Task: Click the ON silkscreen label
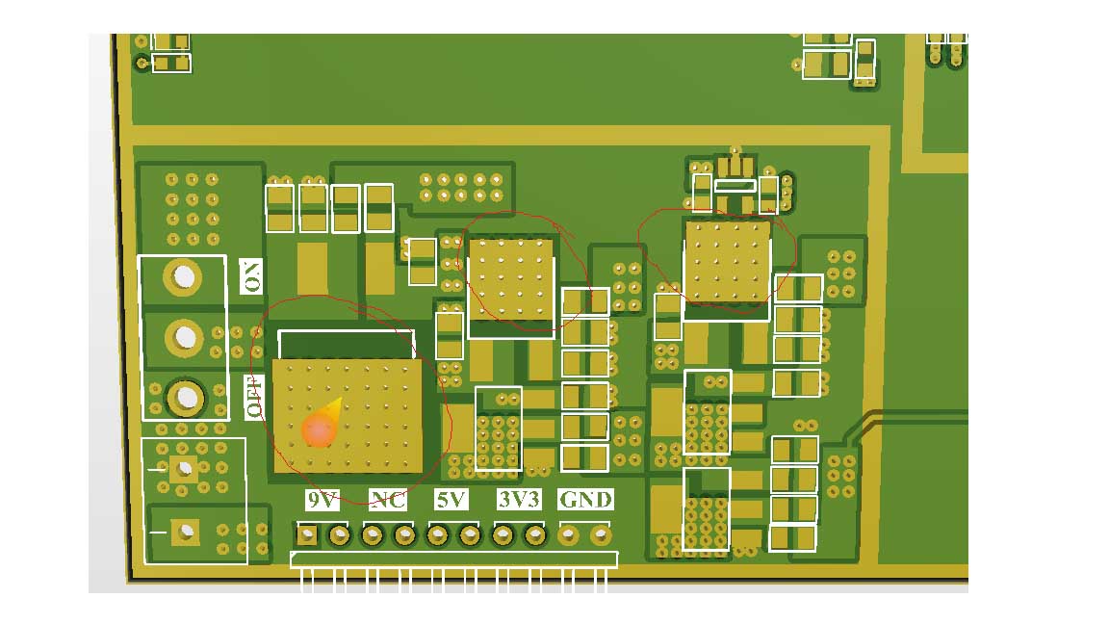click(251, 277)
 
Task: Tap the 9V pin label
click(322, 500)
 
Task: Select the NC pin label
click(387, 500)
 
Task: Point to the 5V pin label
click(451, 500)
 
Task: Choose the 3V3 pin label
click(520, 500)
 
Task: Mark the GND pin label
click(585, 500)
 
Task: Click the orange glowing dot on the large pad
click(319, 431)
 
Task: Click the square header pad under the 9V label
click(307, 534)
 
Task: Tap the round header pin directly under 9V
click(339, 534)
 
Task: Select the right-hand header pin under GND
click(601, 533)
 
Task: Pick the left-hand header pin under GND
click(569, 533)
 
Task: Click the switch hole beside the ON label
click(182, 277)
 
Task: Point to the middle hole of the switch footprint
click(183, 337)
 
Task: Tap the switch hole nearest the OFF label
click(184, 396)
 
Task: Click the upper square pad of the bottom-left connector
click(183, 469)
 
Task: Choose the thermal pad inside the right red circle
click(727, 262)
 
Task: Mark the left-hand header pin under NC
click(372, 534)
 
